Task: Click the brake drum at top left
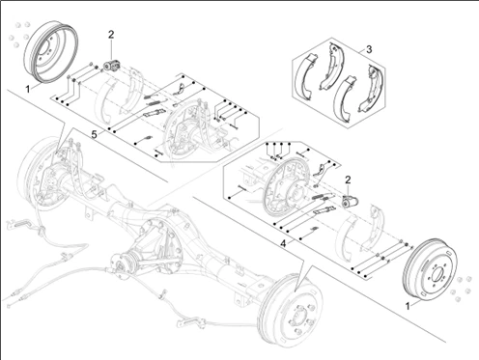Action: (51, 51)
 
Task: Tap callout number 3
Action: (369, 49)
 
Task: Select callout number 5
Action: (94, 134)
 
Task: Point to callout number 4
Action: (283, 244)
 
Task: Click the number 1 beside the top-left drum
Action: (28, 89)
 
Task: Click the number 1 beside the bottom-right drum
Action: (408, 306)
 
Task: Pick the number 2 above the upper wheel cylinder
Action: (111, 35)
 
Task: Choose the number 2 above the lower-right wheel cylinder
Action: (348, 180)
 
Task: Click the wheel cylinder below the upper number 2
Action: (111, 67)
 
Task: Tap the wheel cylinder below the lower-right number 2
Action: (350, 202)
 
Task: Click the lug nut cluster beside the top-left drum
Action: (18, 34)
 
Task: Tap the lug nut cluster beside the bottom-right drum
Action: (462, 289)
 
